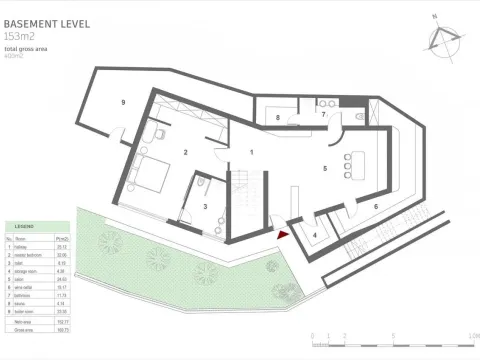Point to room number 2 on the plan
(x=185, y=152)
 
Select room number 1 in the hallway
(x=252, y=151)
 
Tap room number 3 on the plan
(x=205, y=207)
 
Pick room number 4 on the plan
(x=316, y=235)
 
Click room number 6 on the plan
(x=375, y=206)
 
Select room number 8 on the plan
(x=277, y=118)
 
